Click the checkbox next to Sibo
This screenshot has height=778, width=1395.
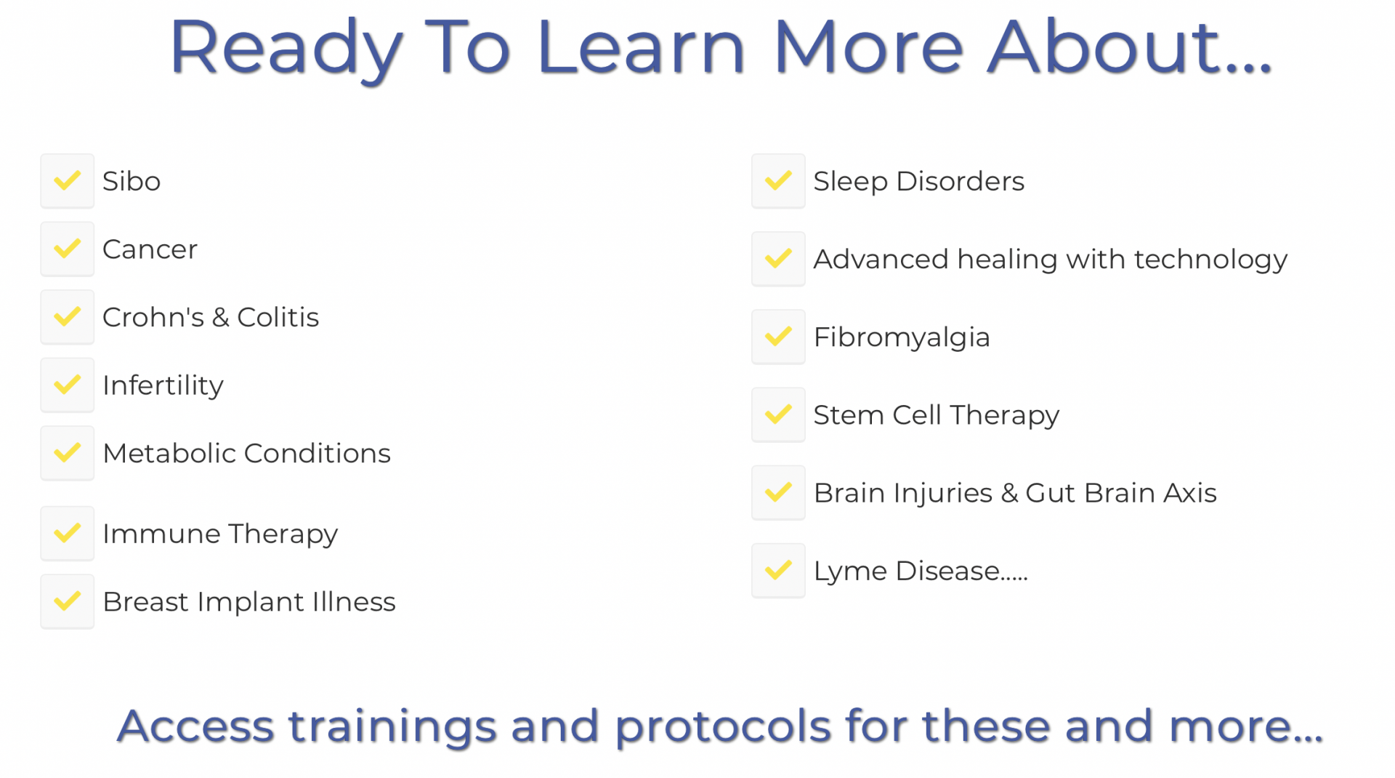pos(68,181)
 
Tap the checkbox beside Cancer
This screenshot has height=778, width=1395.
pos(68,249)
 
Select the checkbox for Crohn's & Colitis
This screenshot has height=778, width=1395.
pos(68,317)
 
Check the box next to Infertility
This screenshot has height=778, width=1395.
pos(68,385)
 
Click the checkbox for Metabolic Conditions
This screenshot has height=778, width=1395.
pos(68,453)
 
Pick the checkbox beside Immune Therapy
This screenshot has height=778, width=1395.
pos(68,534)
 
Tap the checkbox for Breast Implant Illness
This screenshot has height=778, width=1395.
pos(68,601)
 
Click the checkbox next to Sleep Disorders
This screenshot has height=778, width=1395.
pos(779,181)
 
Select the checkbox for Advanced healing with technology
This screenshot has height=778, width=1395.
pos(779,259)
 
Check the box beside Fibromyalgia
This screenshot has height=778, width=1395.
pos(779,337)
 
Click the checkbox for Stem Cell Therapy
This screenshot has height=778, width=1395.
pos(779,414)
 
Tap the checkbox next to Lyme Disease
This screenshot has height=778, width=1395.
pos(779,571)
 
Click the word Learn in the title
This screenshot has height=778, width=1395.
pos(642,47)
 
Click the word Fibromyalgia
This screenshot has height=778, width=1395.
pos(902,338)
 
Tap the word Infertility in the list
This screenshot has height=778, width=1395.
pos(163,386)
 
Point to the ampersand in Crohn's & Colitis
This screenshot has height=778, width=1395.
pos(221,318)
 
